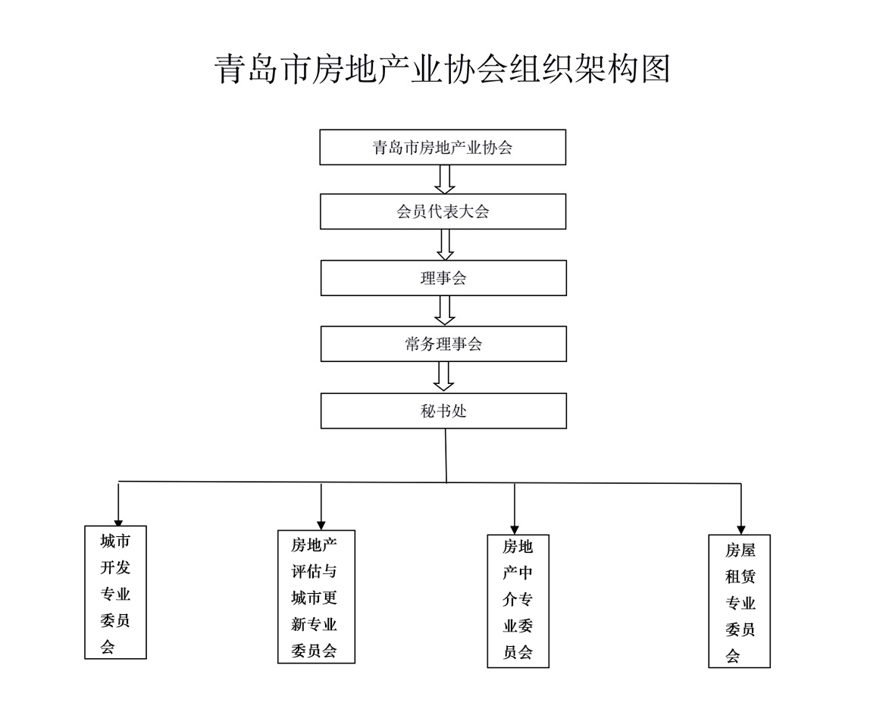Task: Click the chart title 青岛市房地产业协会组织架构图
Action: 443,70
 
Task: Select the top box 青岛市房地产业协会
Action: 443,148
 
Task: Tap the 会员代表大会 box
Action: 443,212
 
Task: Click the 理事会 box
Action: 443,278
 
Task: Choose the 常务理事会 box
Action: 443,344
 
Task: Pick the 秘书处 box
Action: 443,411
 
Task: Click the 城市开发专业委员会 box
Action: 115,592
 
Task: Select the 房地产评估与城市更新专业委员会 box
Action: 317,596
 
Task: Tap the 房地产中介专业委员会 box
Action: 518,601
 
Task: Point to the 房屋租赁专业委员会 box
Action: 740,601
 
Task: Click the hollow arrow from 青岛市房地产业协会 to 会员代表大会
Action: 445,180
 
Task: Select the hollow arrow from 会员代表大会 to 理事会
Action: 445,245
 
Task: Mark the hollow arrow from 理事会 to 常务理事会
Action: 445,311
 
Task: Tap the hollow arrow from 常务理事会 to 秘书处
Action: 443,376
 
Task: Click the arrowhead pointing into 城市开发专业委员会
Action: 118,523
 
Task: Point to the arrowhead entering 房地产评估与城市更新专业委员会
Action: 321,526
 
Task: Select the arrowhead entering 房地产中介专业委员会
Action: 514,529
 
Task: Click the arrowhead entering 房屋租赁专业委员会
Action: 741,529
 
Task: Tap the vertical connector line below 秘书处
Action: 446,456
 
